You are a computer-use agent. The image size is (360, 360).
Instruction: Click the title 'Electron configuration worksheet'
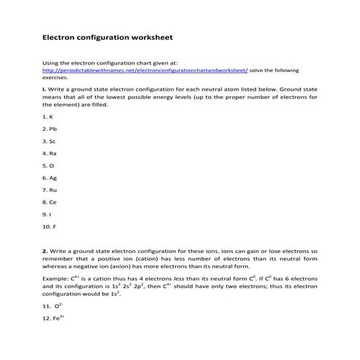108,35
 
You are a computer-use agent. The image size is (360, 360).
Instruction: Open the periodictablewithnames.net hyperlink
145,70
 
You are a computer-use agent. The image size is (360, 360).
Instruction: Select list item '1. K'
47,116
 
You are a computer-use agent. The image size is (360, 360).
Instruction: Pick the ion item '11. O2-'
52,308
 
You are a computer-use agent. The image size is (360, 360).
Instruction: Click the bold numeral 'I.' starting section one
44,89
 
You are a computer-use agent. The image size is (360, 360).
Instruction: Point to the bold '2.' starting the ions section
45,250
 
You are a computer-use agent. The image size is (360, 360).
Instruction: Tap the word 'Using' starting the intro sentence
52,63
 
